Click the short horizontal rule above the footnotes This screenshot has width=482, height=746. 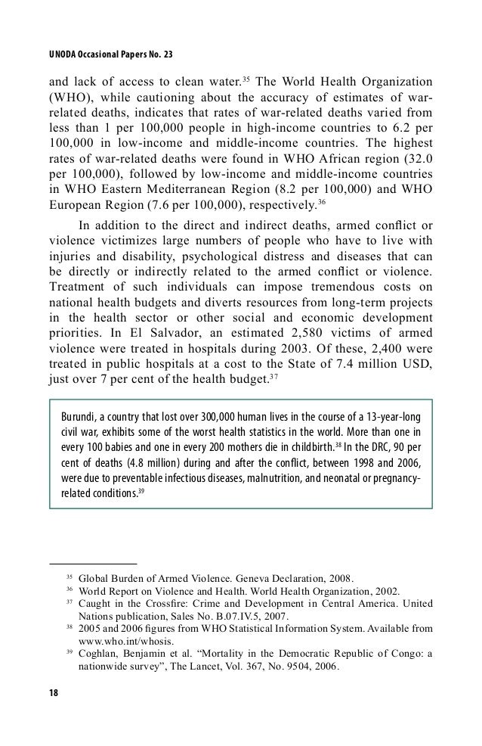pos(92,563)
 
